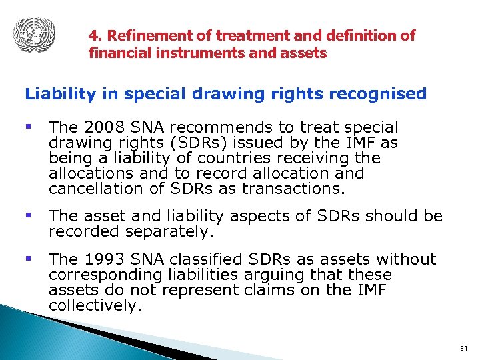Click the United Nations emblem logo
tap(34, 33)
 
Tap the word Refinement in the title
tap(142, 36)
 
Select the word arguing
tap(274, 275)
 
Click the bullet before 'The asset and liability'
tap(29, 215)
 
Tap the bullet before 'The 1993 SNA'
tap(29, 259)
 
